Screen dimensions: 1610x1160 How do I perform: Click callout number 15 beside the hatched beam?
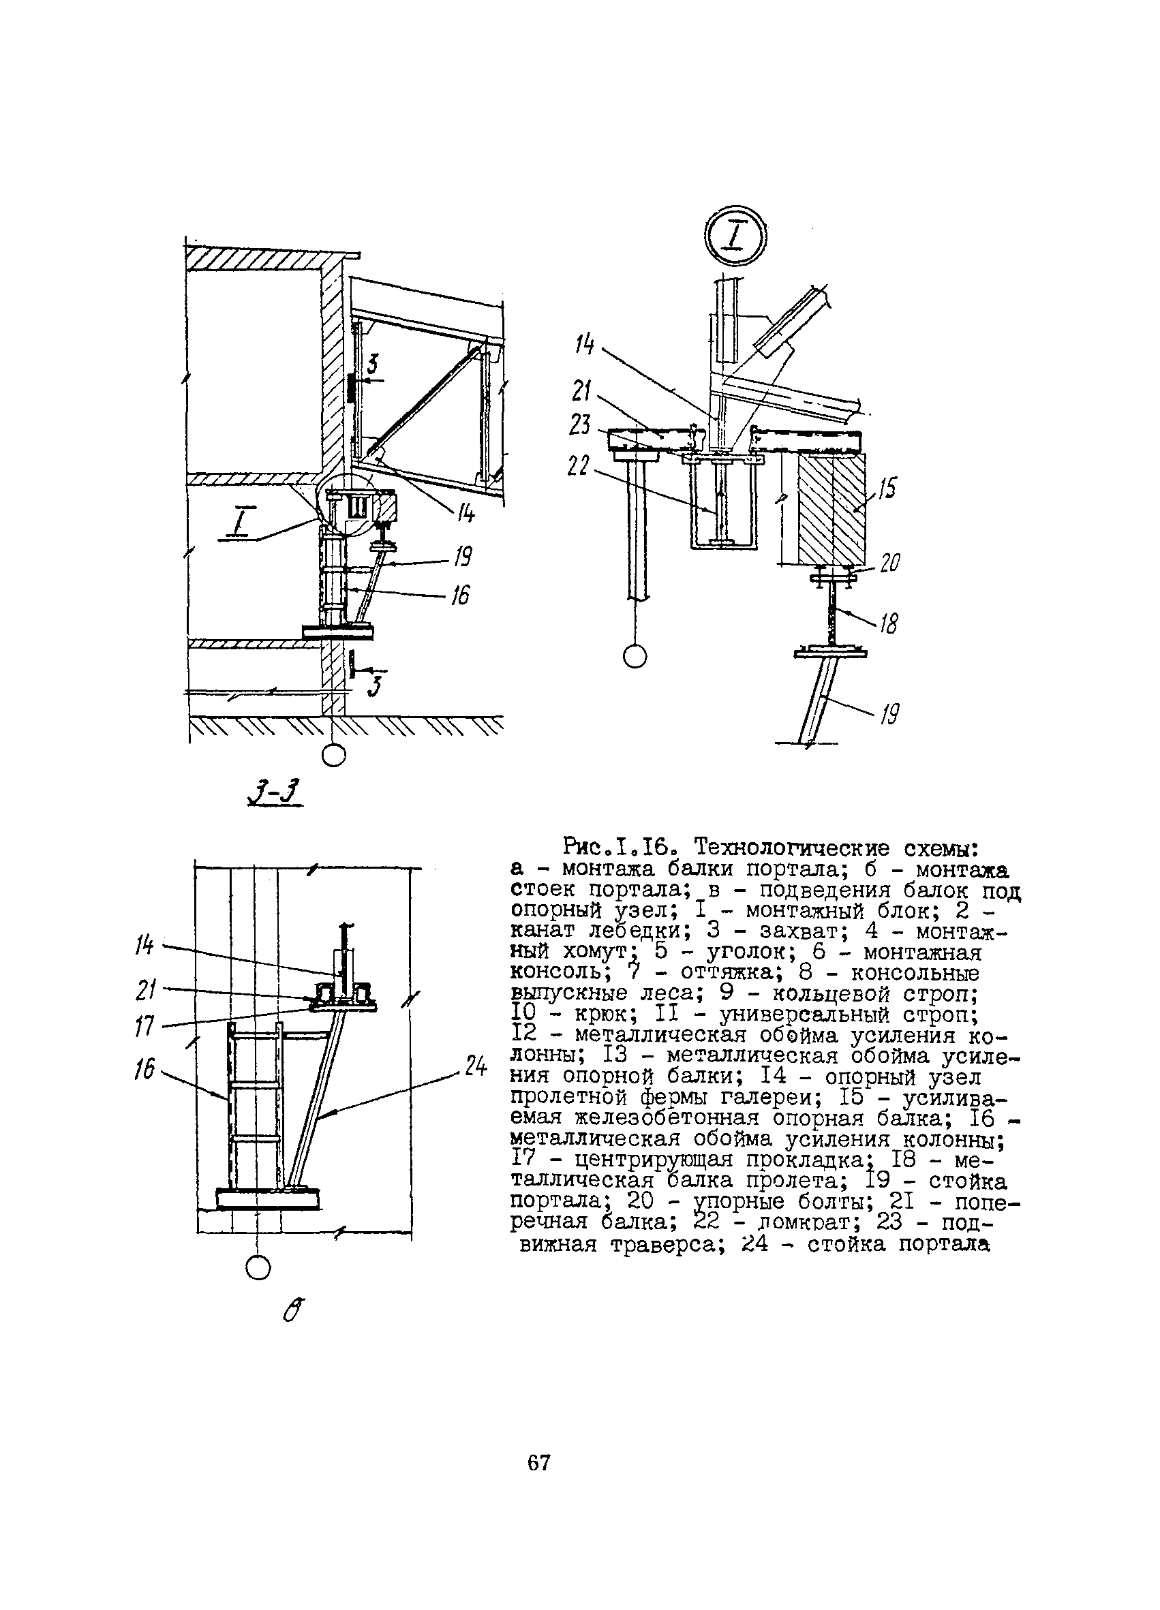click(887, 489)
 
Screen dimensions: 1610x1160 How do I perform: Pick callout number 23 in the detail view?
click(580, 425)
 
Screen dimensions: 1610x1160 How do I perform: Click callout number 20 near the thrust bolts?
click(889, 563)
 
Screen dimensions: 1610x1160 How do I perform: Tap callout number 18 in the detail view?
click(888, 623)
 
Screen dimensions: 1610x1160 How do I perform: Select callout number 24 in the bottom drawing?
click(476, 1066)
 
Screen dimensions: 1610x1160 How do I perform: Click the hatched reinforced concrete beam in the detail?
click(831, 508)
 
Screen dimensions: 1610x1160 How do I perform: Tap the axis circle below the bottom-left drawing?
click(258, 1267)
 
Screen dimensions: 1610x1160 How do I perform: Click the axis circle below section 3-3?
click(333, 756)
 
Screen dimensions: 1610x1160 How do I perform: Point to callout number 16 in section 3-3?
click(460, 595)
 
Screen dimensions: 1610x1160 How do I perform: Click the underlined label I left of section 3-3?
click(237, 525)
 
